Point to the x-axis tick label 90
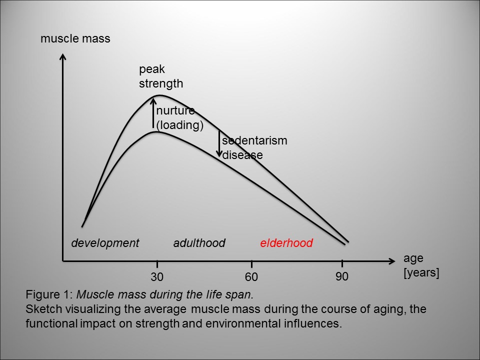click(x=342, y=276)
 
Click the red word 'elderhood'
click(x=286, y=243)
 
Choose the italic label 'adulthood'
click(x=199, y=243)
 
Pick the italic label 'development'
click(x=105, y=243)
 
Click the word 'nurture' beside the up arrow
click(x=175, y=111)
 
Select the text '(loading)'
click(x=180, y=125)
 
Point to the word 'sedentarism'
click(x=254, y=140)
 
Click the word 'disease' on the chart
click(x=242, y=155)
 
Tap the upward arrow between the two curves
click(x=154, y=114)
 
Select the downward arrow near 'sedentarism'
click(x=219, y=143)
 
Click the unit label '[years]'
click(x=421, y=273)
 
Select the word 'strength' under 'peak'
click(x=161, y=83)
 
